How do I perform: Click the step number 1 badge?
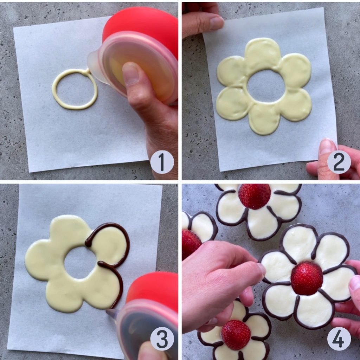pyautogui.click(x=162, y=162)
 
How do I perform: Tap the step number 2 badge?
pyautogui.click(x=339, y=162)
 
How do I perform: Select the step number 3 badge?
pyautogui.click(x=162, y=339)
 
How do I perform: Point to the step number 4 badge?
pyautogui.click(x=339, y=339)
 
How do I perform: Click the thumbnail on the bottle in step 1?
pyautogui.click(x=130, y=74)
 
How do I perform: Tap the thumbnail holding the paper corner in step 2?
pyautogui.click(x=327, y=147)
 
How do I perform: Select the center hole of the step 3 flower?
pyautogui.click(x=80, y=262)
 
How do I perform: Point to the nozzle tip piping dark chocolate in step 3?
pyautogui.click(x=108, y=311)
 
